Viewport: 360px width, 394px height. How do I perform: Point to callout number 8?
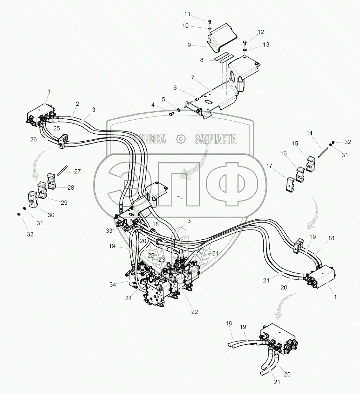202,60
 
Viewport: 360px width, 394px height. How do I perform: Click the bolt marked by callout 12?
245,43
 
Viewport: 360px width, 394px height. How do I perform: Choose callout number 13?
266,44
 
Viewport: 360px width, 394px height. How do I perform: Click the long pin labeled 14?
323,152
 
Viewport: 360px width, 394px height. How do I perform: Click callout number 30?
51,215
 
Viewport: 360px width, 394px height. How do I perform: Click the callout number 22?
194,312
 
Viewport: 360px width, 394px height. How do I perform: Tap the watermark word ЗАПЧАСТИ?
215,139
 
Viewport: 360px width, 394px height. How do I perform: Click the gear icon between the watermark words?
181,139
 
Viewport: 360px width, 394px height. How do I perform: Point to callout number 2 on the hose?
77,104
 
